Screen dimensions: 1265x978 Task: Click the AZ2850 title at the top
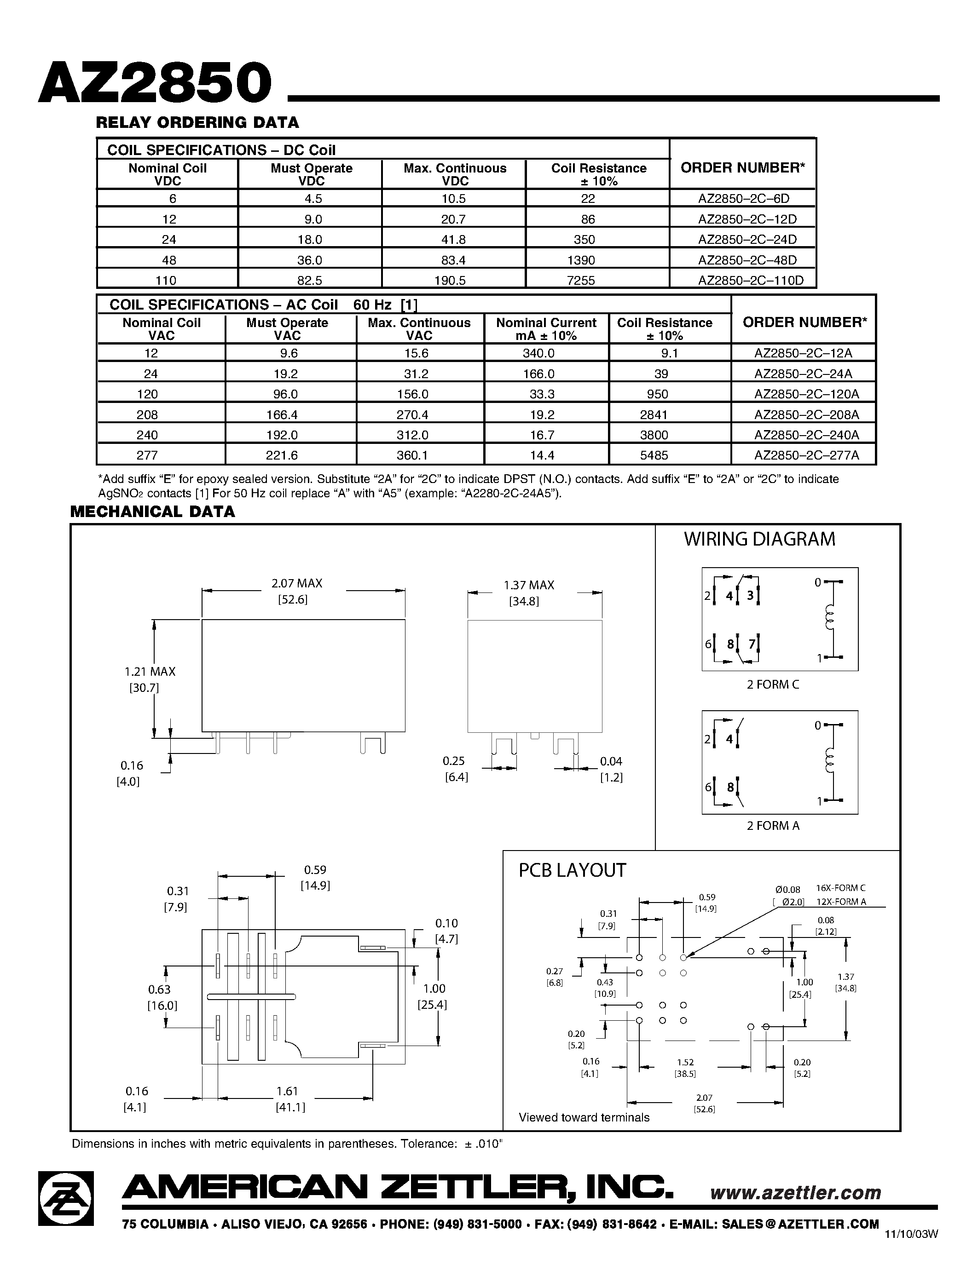pyautogui.click(x=155, y=83)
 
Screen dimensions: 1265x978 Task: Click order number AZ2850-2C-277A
pyautogui.click(x=806, y=455)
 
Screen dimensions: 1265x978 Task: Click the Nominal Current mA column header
pyautogui.click(x=546, y=329)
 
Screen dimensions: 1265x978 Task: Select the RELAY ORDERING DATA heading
pyautogui.click(x=197, y=123)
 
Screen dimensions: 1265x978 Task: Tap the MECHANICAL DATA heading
pyautogui.click(x=152, y=512)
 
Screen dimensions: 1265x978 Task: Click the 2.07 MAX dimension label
pyautogui.click(x=297, y=584)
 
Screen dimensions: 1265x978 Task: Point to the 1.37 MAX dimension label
pyautogui.click(x=528, y=586)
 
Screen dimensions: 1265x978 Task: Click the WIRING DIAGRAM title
pyautogui.click(x=759, y=539)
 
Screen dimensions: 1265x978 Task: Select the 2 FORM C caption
pyautogui.click(x=772, y=684)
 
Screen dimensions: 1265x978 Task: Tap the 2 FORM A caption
pyautogui.click(x=772, y=826)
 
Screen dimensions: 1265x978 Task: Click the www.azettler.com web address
pyautogui.click(x=795, y=1193)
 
